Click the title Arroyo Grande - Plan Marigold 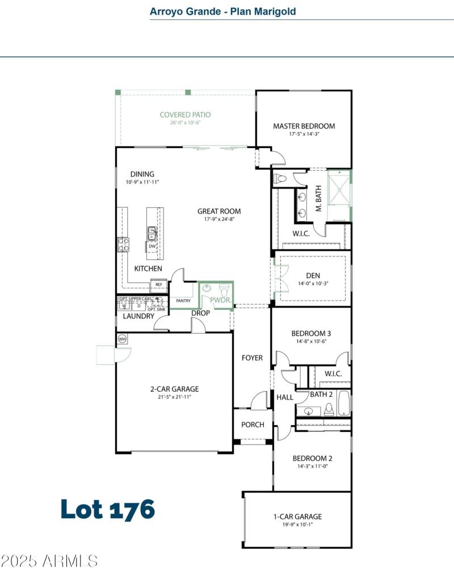(x=222, y=11)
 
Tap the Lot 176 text (x=108, y=509)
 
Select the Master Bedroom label (x=304, y=126)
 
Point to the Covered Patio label (x=185, y=115)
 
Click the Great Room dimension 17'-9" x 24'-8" (x=219, y=219)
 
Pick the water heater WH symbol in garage (x=122, y=339)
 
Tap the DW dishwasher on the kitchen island (x=152, y=247)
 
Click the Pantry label (x=183, y=301)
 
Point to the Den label (x=313, y=276)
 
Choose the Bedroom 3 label (x=311, y=333)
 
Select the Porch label (x=253, y=425)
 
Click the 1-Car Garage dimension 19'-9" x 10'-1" (x=297, y=525)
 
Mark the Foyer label (x=253, y=358)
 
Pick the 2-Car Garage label (x=174, y=389)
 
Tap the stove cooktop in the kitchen (x=123, y=244)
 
